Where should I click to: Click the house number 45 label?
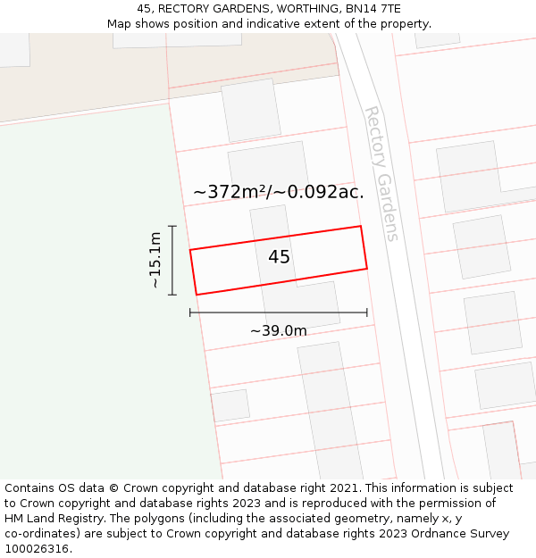point(279,257)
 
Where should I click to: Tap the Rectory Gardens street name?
point(381,173)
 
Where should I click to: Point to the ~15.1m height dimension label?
point(155,260)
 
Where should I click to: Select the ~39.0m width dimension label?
point(278,331)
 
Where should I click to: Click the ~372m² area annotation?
point(233,192)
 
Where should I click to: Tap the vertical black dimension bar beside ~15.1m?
point(172,260)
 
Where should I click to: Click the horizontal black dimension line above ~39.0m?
point(278,312)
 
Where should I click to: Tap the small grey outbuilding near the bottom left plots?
point(230,405)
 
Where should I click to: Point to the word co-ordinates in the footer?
point(38,534)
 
